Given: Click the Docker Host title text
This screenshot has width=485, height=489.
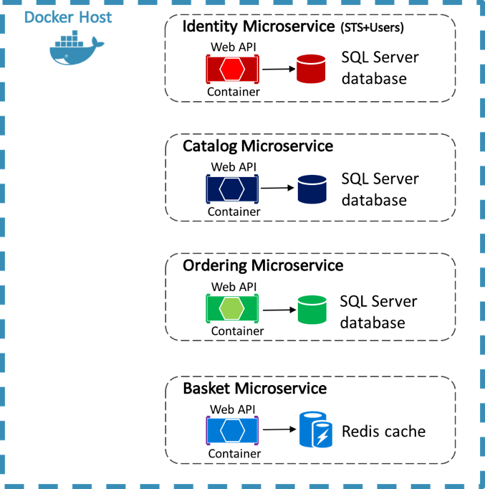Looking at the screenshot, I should pos(68,16).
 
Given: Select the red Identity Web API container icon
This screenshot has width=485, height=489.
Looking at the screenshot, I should pos(232,70).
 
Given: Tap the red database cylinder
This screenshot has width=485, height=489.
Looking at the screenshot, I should pos(312,69).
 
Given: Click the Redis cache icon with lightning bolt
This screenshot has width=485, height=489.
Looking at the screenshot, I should pos(315,429).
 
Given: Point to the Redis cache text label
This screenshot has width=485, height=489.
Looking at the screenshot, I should pos(383,431).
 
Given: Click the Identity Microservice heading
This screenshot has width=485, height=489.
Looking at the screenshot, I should pos(259,27).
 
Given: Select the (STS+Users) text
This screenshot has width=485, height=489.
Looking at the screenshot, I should pos(371,29).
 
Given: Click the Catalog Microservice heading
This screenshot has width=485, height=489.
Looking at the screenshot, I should pos(258,146).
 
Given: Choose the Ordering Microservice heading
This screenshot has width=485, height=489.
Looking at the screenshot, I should pos(263,266).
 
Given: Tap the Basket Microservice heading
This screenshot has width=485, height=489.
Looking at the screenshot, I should pos(255,389).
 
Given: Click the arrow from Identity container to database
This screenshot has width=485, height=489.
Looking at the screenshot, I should pos(279,69).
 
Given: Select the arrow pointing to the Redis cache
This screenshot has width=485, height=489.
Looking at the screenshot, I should pos(279,429).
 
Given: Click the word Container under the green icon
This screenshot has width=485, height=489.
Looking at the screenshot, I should pos(237,331).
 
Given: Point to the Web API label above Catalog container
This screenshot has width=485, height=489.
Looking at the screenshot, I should pos(234,167).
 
